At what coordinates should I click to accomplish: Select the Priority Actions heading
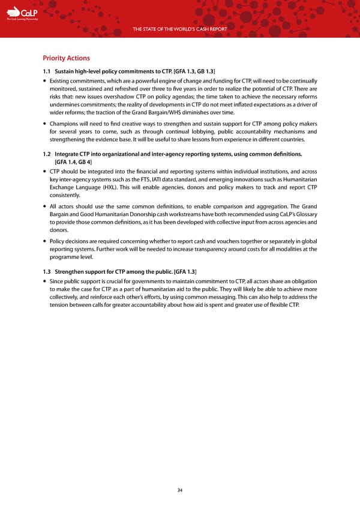tap(66, 58)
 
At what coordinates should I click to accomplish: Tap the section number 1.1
tap(47, 73)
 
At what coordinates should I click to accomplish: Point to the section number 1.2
tap(47, 154)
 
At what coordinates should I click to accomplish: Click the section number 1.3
tap(47, 271)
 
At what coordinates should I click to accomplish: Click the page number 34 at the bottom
tap(180, 490)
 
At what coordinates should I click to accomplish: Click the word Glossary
tap(304, 214)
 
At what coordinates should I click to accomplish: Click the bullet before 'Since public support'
tap(45, 280)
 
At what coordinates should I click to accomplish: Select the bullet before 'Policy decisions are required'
tap(45, 241)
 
